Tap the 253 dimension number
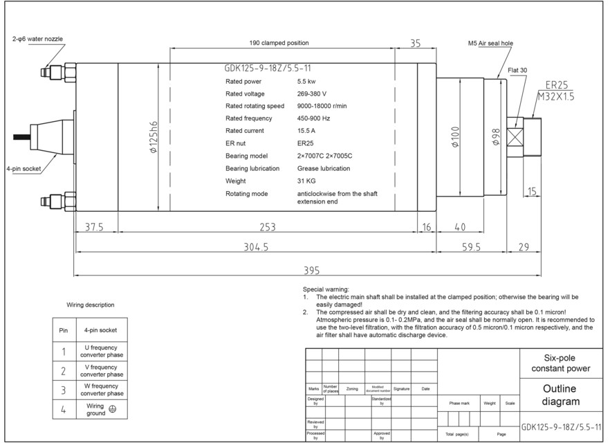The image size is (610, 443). click(x=267, y=227)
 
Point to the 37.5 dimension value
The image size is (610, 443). click(x=99, y=227)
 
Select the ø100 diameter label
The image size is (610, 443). click(x=455, y=137)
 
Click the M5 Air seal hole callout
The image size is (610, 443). click(x=490, y=43)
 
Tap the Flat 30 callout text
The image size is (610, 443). click(x=517, y=71)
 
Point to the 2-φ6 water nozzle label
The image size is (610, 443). click(x=37, y=39)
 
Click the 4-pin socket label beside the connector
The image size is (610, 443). click(x=23, y=168)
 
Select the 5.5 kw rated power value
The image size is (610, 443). click(x=306, y=81)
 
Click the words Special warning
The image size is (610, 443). click(x=326, y=289)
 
